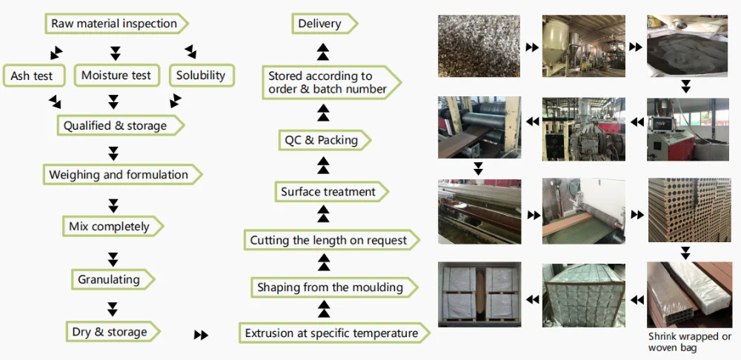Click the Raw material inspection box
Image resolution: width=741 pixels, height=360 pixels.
coord(114,24)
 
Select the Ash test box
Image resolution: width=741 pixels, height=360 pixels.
coord(34,76)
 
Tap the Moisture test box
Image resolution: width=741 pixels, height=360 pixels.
coord(116,76)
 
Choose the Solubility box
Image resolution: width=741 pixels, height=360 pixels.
coord(201,75)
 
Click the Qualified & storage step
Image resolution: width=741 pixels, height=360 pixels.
coord(115,126)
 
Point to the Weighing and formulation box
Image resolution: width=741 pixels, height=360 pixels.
coord(119,176)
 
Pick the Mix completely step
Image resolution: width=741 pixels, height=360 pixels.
coord(110,227)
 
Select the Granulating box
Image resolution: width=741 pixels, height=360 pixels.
coord(110,279)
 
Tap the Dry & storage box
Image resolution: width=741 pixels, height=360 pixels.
coord(110,333)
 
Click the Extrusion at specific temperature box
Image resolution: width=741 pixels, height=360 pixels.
coord(331,333)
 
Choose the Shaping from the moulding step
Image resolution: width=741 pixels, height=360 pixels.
coord(330,287)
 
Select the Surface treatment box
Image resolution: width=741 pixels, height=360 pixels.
coord(328,192)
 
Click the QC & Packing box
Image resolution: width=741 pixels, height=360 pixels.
coord(321,140)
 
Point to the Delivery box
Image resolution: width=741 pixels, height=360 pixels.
coord(319,24)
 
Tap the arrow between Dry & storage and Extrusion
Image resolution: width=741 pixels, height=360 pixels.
coord(201,335)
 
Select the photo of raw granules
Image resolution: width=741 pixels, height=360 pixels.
coord(477,44)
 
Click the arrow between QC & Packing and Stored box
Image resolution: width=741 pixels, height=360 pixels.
coord(323,113)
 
